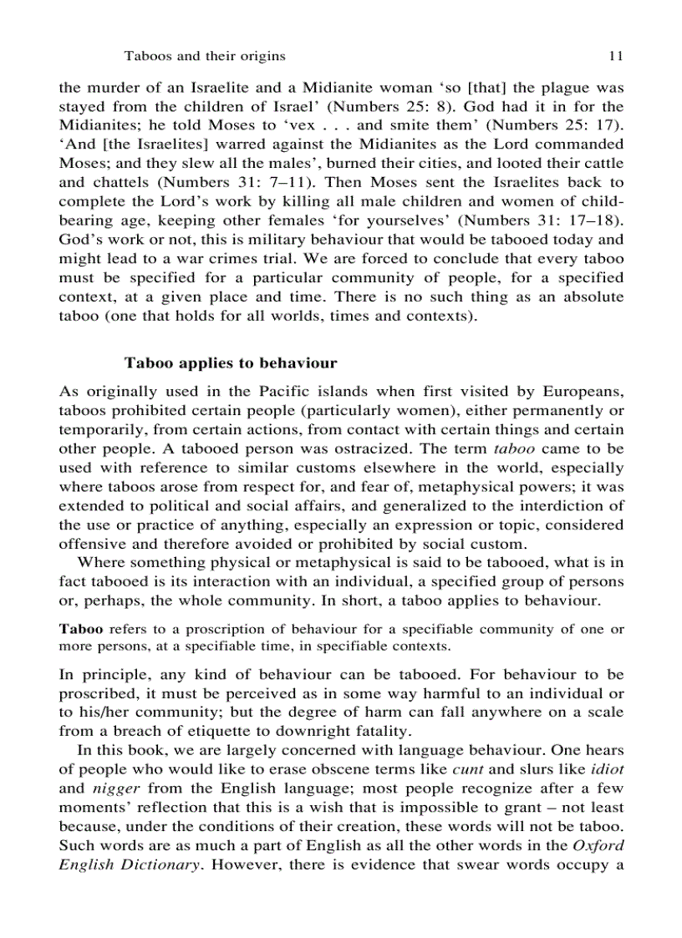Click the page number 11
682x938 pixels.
[616, 57]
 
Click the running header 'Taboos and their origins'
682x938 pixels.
[205, 57]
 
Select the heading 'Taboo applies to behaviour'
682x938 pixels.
[231, 363]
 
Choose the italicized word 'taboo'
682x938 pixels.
[516, 449]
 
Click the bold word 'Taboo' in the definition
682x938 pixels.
[78, 629]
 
